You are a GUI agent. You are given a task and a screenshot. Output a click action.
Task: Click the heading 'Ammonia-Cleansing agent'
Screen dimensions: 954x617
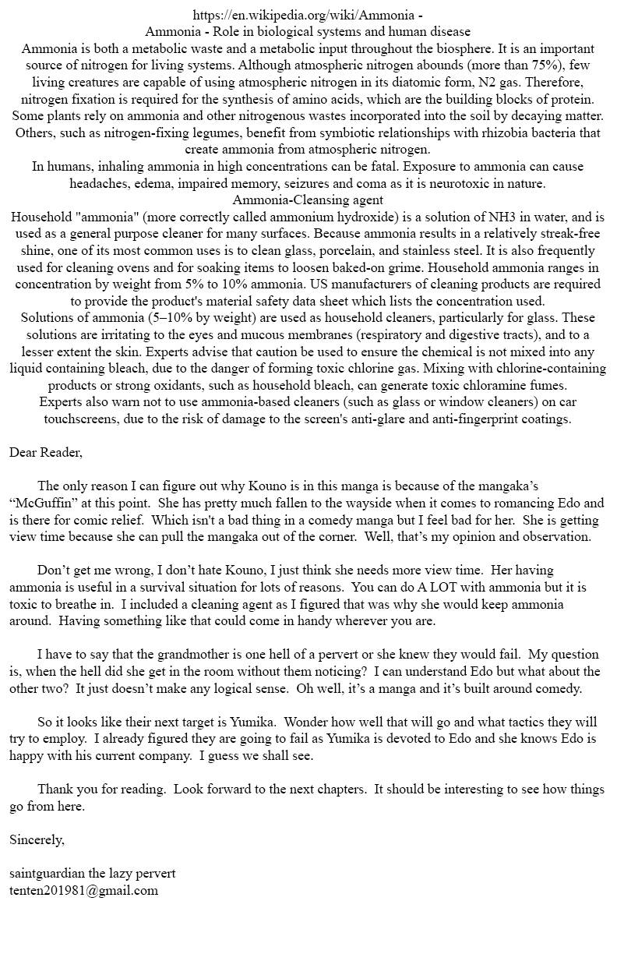[308, 200]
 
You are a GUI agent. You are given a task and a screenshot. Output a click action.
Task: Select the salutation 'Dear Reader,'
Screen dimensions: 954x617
[46, 452]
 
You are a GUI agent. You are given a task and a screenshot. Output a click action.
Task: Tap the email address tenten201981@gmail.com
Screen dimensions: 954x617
[83, 890]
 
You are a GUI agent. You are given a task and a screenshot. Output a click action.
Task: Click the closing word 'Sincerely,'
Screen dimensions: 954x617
[37, 839]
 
